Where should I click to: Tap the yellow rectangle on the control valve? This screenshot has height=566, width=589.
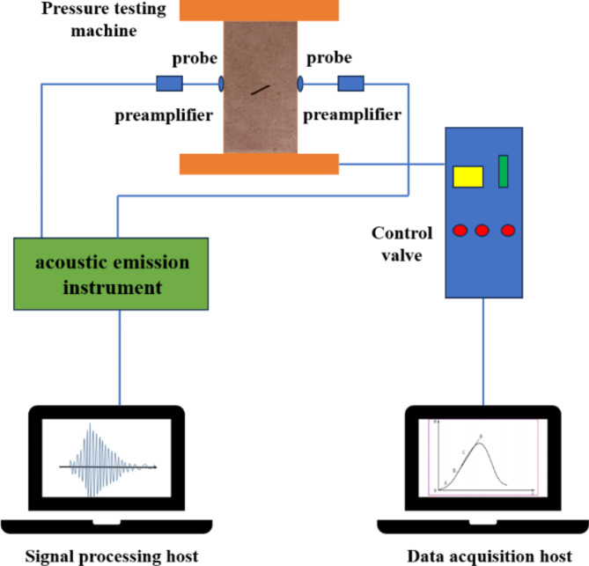[x=468, y=175]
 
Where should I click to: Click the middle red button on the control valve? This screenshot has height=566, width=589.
[x=482, y=232]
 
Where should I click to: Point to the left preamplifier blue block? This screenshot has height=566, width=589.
[x=169, y=85]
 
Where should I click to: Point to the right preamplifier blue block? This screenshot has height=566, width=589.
[x=350, y=85]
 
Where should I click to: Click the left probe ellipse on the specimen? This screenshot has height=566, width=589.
[x=220, y=85]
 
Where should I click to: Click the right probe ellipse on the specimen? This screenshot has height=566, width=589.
[x=301, y=85]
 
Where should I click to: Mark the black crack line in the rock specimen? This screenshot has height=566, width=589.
[x=259, y=89]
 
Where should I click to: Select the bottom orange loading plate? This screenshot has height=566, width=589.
[x=259, y=164]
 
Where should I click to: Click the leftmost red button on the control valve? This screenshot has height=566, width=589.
[x=459, y=232]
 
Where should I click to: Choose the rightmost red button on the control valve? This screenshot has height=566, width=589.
[x=507, y=232]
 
